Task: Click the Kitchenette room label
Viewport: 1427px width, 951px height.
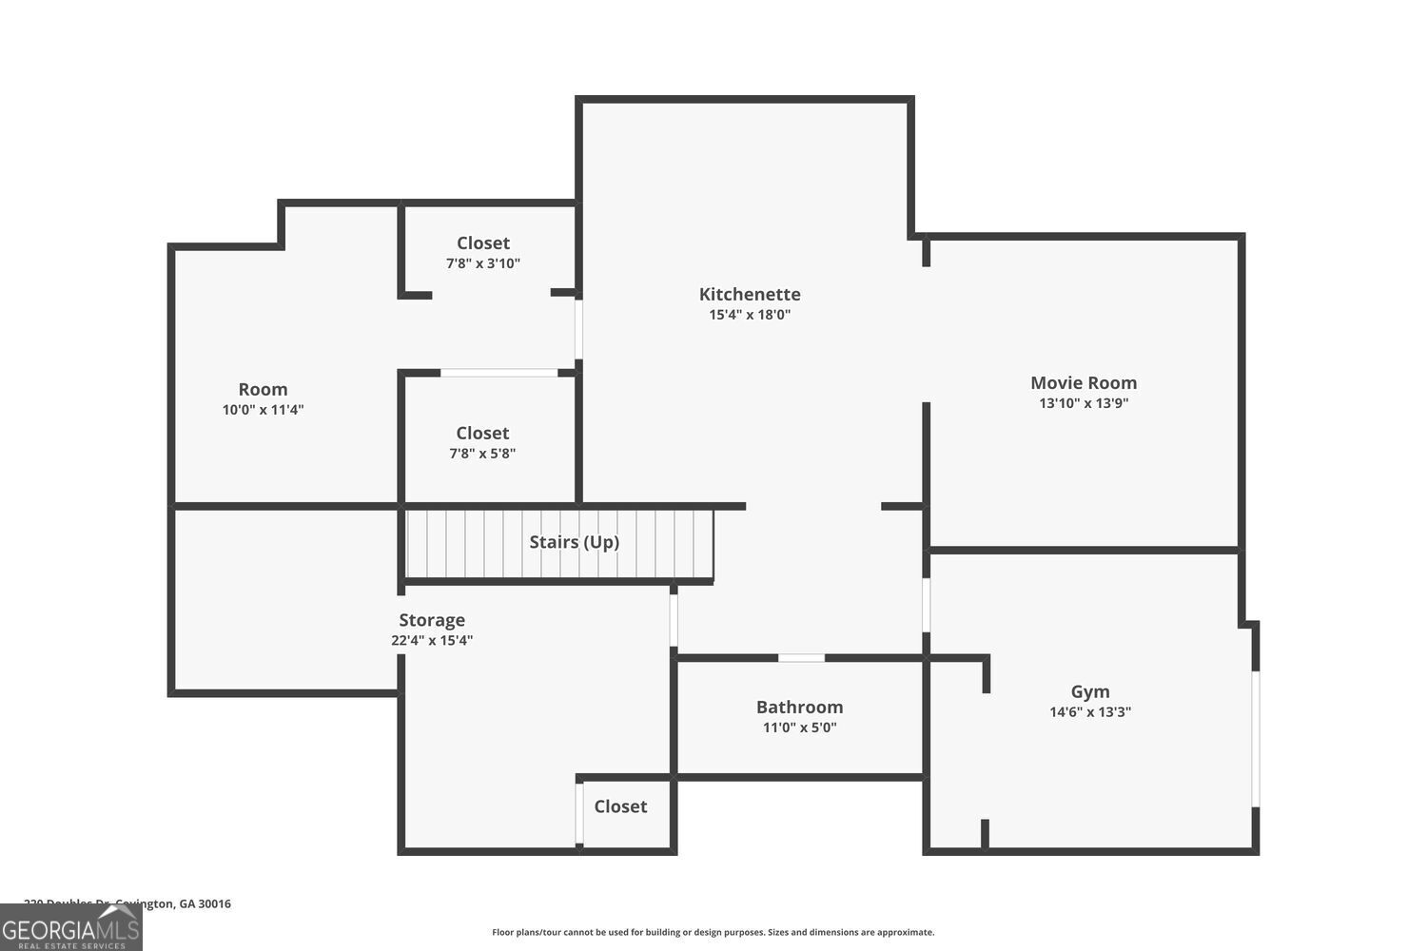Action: click(x=750, y=294)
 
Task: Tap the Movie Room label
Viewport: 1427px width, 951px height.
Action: click(x=1084, y=382)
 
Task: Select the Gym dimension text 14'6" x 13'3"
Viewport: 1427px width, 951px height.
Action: click(x=1090, y=712)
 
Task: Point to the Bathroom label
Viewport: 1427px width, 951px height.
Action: click(x=799, y=707)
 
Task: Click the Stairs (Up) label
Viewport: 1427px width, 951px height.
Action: click(x=574, y=542)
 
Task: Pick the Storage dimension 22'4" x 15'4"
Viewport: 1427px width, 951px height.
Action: click(x=432, y=641)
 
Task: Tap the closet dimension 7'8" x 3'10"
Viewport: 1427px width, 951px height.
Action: click(x=483, y=263)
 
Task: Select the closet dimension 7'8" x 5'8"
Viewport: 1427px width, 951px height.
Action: click(x=482, y=454)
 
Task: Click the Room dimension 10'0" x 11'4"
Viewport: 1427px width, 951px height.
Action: click(x=263, y=410)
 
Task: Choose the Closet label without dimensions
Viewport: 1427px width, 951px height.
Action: click(x=620, y=806)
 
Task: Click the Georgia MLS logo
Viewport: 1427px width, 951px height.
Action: click(x=70, y=928)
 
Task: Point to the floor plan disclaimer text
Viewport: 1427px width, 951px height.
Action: click(x=713, y=932)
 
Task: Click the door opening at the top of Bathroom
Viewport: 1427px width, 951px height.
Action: click(x=801, y=657)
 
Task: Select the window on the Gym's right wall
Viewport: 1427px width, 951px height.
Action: click(x=1256, y=739)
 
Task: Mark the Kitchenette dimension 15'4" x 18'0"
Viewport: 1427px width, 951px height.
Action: click(x=750, y=315)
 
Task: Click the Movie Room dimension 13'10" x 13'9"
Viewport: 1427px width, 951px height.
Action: click(x=1084, y=403)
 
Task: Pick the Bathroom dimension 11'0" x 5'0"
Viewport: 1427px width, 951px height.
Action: click(x=799, y=728)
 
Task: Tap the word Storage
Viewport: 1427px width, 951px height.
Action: click(x=432, y=620)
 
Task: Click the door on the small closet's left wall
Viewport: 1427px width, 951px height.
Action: click(x=578, y=813)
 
